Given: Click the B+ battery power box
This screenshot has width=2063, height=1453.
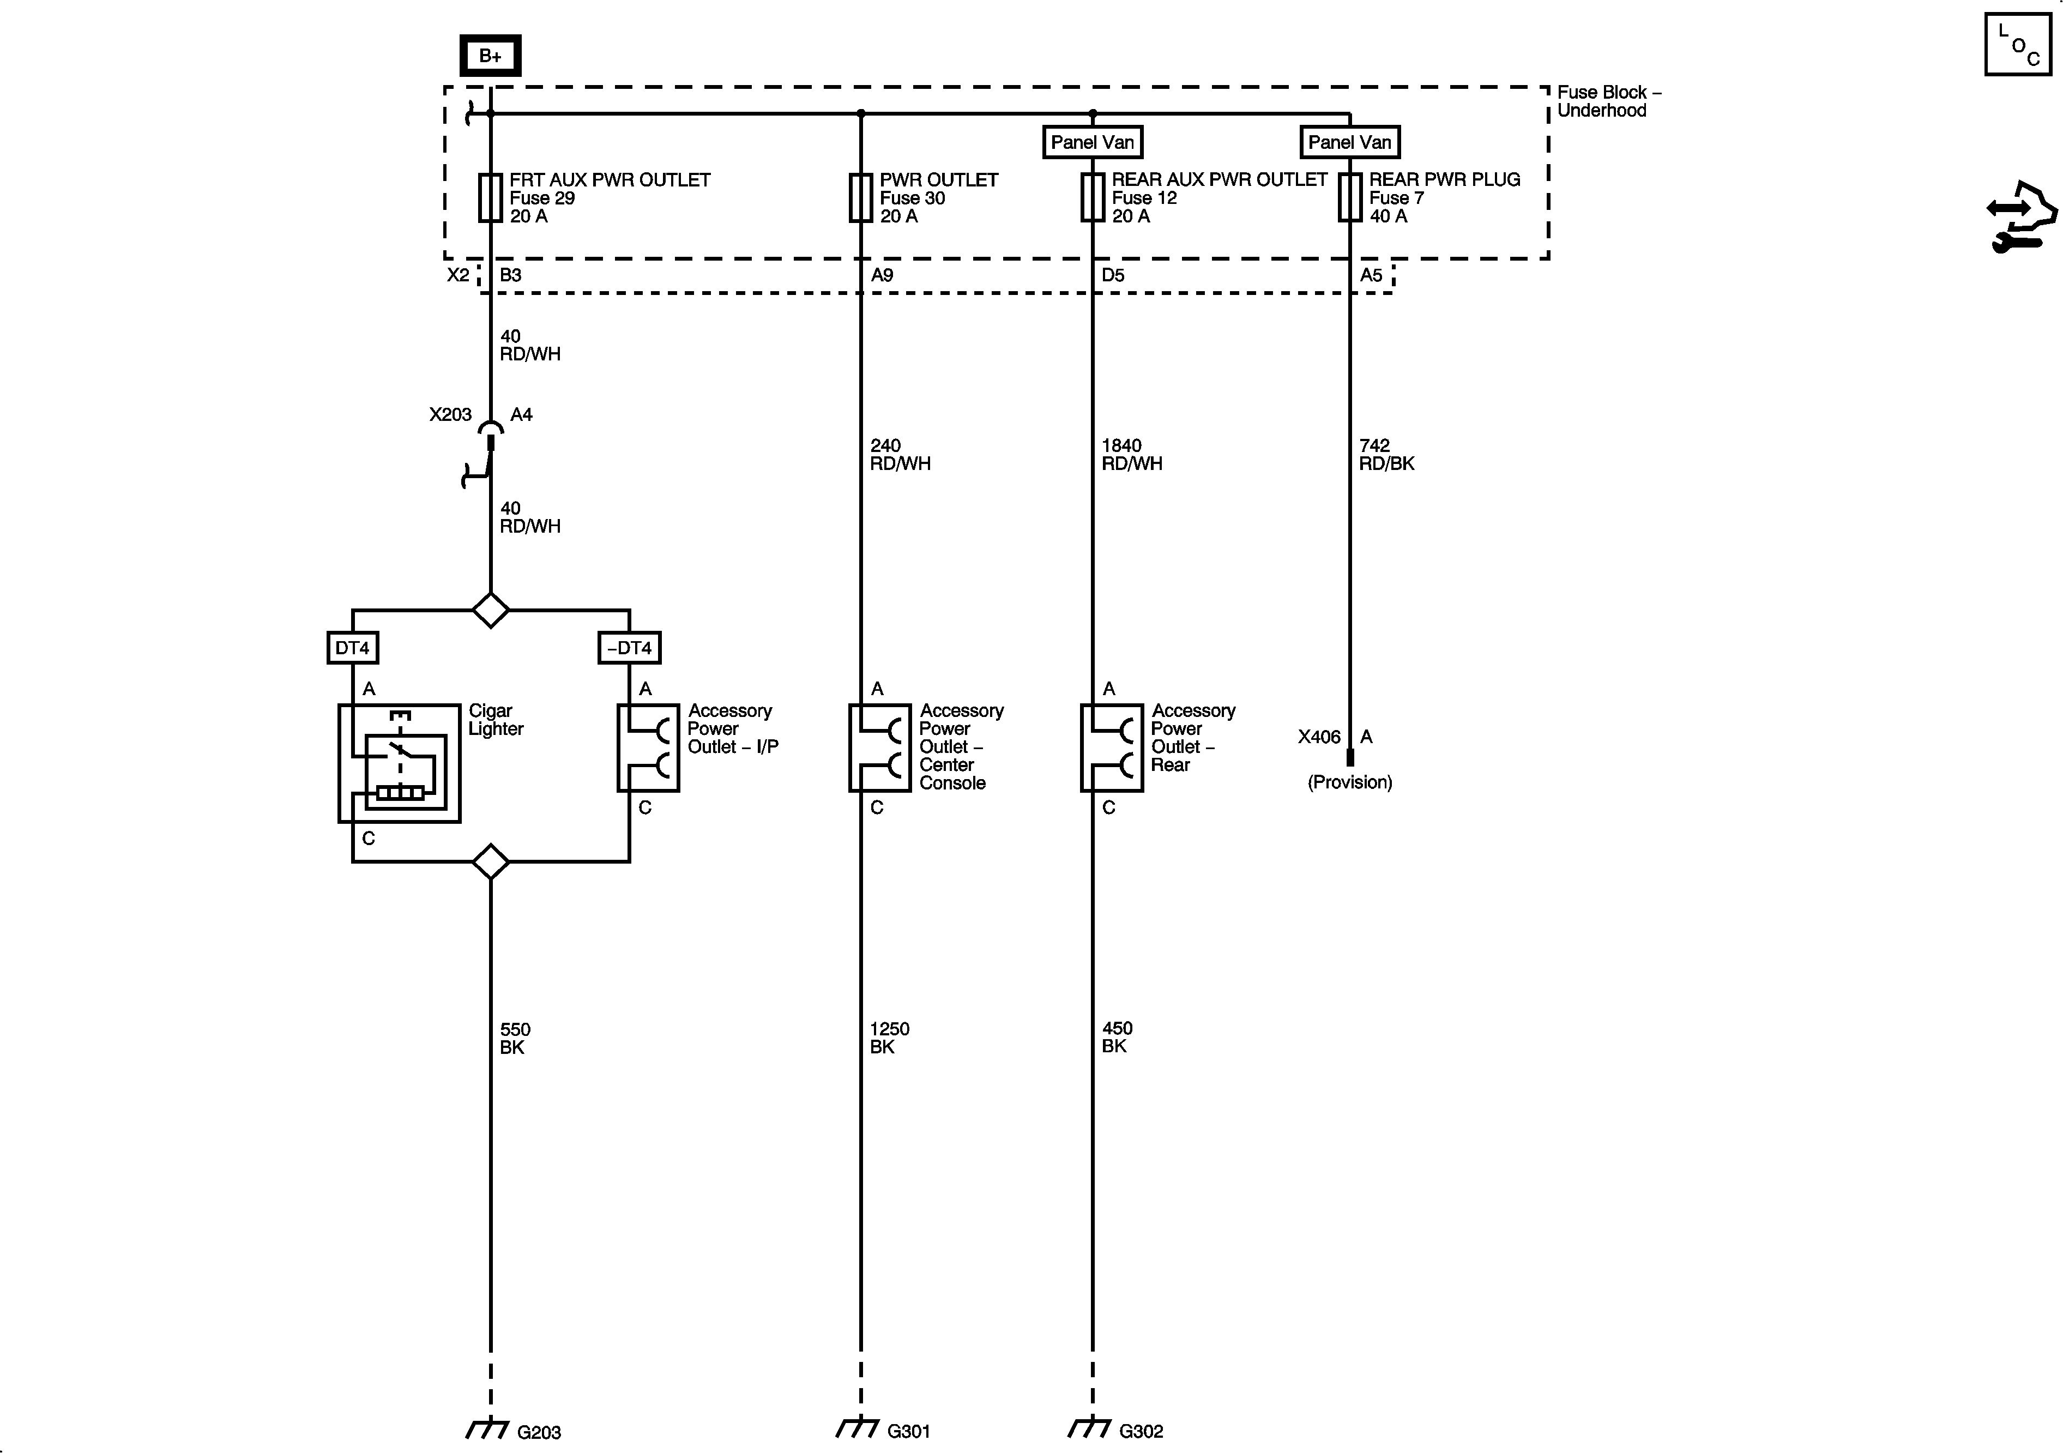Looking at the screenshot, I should click(490, 56).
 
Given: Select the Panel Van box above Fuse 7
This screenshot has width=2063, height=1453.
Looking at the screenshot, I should click(1349, 142).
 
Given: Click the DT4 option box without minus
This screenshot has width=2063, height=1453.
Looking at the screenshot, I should click(352, 648).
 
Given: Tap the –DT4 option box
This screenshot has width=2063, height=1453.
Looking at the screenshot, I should click(629, 648).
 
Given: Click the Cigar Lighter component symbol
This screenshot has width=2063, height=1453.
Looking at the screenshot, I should click(399, 763).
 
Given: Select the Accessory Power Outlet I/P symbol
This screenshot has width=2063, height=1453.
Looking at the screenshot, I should click(648, 747).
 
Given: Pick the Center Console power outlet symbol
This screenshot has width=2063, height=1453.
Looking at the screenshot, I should click(879, 747).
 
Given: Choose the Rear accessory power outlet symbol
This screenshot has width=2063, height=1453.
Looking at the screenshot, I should click(1112, 747).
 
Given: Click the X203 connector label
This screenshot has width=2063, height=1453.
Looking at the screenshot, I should click(450, 414).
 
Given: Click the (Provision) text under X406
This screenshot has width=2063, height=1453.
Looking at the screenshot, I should click(1349, 782).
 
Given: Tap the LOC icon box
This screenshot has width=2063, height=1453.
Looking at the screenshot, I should click(2017, 45).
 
